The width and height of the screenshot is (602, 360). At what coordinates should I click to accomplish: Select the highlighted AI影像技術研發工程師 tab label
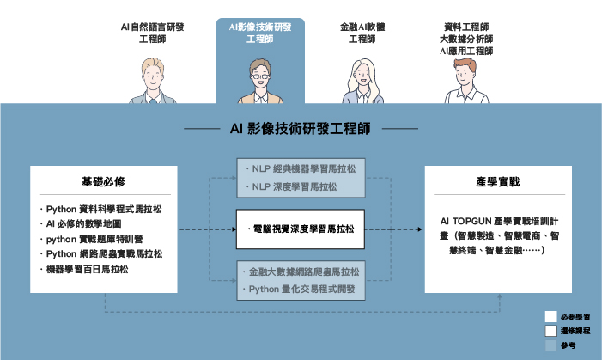point(260,33)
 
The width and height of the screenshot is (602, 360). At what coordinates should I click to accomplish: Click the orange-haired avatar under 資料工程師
point(465,82)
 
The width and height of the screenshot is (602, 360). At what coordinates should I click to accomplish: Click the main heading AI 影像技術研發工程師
point(301,129)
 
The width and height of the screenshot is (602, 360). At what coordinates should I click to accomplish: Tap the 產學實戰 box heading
point(497,184)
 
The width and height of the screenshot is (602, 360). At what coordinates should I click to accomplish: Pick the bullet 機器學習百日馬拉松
point(86,269)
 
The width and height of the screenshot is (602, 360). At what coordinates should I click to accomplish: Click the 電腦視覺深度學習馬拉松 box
point(300,229)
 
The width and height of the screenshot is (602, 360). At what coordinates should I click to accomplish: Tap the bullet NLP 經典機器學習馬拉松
point(303,169)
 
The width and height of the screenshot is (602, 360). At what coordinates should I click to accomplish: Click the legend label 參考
point(566,345)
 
